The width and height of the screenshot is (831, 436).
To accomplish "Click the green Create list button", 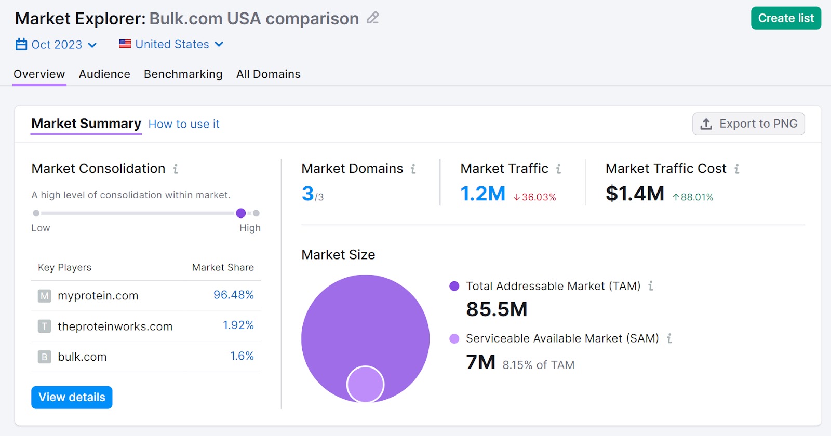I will pyautogui.click(x=785, y=18).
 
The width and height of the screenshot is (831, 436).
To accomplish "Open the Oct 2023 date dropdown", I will pyautogui.click(x=56, y=45).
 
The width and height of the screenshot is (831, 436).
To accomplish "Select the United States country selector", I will pyautogui.click(x=171, y=45).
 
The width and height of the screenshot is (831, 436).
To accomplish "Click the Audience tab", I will pyautogui.click(x=104, y=74).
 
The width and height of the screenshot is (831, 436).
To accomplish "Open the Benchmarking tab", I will pyautogui.click(x=183, y=74).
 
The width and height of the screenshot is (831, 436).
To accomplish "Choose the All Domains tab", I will pyautogui.click(x=268, y=74).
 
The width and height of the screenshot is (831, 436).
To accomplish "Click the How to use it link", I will pyautogui.click(x=184, y=124).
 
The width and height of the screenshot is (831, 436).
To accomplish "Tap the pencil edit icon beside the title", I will pyautogui.click(x=372, y=18).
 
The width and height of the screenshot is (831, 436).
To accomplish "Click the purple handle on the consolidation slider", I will pyautogui.click(x=241, y=213).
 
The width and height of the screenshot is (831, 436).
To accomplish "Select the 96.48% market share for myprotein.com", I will pyautogui.click(x=233, y=295).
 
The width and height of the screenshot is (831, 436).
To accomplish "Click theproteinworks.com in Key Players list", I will pyautogui.click(x=115, y=326).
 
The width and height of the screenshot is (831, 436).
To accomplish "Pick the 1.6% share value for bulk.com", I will pyautogui.click(x=242, y=356).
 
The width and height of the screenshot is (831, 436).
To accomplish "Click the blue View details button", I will pyautogui.click(x=72, y=397).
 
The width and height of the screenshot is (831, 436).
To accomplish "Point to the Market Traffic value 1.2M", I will pyautogui.click(x=482, y=194).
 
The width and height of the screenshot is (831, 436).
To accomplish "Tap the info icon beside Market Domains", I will pyautogui.click(x=413, y=169).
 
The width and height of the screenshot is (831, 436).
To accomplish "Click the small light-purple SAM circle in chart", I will pyautogui.click(x=365, y=385).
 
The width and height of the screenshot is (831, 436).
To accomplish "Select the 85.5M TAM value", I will pyautogui.click(x=497, y=309).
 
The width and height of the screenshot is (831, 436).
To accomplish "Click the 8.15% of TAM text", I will pyautogui.click(x=538, y=365).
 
